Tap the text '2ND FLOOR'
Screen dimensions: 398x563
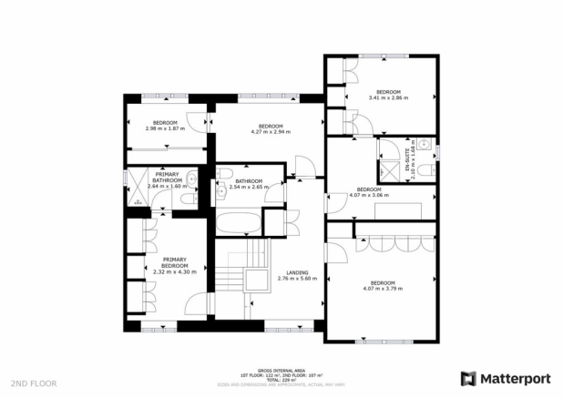coord(33,383)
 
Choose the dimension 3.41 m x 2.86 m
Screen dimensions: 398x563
coord(389,97)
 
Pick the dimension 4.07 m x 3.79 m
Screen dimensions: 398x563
coord(383,288)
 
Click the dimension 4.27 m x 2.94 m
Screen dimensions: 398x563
coord(270,131)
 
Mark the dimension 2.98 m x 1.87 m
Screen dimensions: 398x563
coord(165,128)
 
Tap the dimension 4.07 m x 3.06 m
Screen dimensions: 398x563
coord(369,194)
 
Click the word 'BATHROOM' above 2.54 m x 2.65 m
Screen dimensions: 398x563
coord(249,181)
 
